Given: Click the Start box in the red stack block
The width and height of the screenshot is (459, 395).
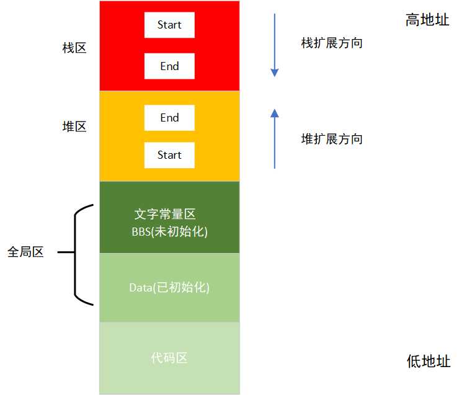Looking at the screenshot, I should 169,25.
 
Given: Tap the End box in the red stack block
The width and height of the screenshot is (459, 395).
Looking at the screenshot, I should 169,66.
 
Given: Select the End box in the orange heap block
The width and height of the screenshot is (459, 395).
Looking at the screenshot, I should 169,118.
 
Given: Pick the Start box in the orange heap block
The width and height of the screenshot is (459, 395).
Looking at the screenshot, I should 169,155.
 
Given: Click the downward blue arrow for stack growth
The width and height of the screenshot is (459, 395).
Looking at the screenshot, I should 275,43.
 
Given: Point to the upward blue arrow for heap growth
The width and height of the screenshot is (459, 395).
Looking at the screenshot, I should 275,140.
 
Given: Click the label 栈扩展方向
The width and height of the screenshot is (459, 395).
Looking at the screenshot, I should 331,43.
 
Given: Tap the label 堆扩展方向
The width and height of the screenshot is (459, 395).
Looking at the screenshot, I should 331,139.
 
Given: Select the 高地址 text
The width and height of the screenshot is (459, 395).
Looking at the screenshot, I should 428,20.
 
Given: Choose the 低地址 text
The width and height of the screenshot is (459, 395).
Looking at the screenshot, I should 428,362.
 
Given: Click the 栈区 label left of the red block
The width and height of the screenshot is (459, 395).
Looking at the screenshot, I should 74,48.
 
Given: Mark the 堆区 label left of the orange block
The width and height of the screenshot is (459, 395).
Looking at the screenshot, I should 74,126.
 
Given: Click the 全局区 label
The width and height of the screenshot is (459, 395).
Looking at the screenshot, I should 25,253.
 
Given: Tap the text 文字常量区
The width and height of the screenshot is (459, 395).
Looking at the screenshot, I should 166,215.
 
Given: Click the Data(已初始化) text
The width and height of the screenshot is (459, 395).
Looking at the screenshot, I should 169,288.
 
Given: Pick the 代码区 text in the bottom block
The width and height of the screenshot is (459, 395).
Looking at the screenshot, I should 169,358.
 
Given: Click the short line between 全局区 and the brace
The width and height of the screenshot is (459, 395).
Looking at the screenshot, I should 65,253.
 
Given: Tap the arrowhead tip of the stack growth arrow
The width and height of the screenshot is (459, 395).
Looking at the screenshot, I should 275,75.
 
